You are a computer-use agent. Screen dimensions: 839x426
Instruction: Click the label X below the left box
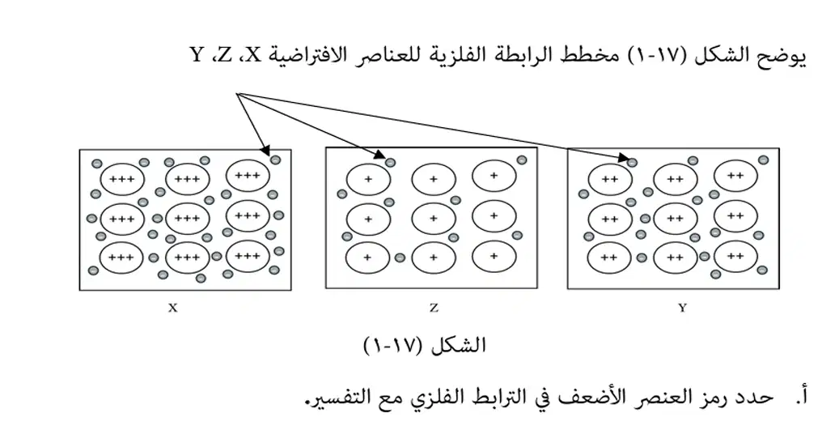(172, 308)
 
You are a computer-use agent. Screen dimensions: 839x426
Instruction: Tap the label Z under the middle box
(434, 308)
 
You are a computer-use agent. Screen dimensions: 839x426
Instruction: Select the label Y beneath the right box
(682, 308)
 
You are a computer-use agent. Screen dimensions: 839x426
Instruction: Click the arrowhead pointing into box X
(265, 151)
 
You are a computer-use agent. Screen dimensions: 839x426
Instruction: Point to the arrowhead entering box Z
(379, 155)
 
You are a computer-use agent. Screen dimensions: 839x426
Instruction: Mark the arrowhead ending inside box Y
(623, 158)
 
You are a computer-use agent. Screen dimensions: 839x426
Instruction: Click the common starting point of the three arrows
(237, 94)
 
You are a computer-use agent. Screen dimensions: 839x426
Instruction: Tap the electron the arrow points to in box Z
(391, 162)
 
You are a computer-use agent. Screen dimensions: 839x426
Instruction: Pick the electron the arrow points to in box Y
(633, 162)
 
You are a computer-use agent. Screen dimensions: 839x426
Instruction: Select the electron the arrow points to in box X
(275, 160)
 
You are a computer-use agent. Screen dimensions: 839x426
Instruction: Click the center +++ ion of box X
(187, 219)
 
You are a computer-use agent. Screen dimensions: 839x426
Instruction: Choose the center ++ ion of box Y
(676, 219)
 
